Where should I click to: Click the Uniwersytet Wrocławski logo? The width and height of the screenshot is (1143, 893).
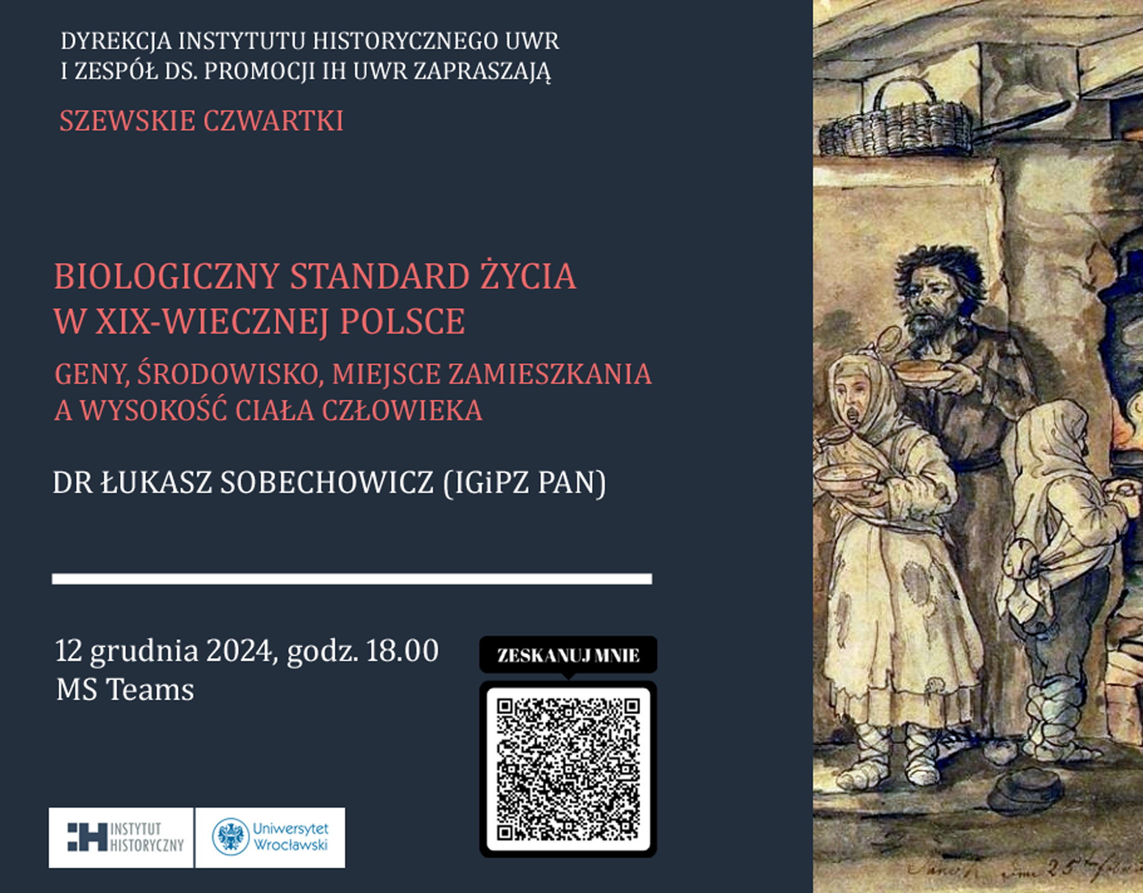[x=270, y=838]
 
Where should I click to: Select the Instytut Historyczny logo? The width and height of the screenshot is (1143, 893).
[x=121, y=838]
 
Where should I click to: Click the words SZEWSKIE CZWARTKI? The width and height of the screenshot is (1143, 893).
[x=202, y=121]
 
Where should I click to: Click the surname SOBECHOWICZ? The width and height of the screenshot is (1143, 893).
[x=327, y=482]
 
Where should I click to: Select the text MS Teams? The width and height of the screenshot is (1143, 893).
[x=125, y=689]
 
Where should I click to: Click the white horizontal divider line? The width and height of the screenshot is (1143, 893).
[x=351, y=578]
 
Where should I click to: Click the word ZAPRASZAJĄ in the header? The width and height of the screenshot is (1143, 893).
[x=482, y=71]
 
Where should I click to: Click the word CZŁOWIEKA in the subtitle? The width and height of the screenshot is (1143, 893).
[x=402, y=411]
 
